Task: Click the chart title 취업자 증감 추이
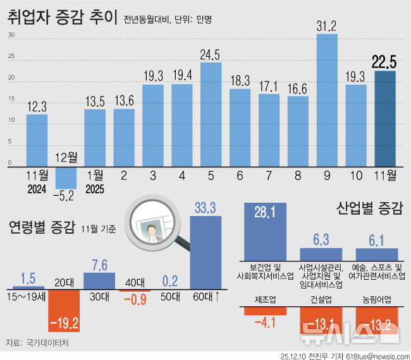62,18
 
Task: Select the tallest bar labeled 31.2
326,101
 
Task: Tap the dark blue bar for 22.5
385,119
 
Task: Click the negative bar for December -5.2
65,177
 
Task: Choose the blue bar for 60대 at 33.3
205,253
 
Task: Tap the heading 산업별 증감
370,208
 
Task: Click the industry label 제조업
264,299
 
